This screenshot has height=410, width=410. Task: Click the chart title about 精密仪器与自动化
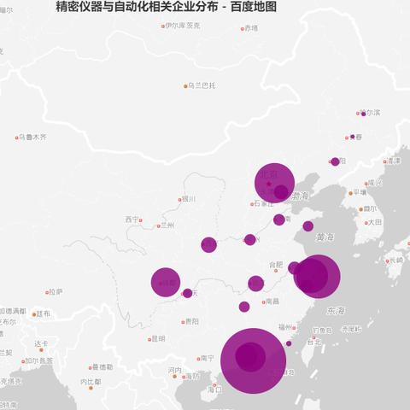coord(166,8)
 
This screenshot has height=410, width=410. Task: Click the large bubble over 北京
coord(274,181)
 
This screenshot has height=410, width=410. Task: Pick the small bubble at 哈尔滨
coord(363,114)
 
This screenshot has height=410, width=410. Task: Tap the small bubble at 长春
coord(352,136)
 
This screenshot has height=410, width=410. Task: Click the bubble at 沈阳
coord(335,161)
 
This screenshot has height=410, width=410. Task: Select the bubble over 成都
coord(165,282)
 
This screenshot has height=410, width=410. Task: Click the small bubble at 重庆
coord(187,293)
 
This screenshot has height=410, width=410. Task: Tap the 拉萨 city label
coord(55,292)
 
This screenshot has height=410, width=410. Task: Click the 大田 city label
coord(375,222)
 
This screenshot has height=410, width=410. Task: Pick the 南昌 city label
coord(272,301)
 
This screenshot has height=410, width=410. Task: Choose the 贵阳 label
coord(191,322)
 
